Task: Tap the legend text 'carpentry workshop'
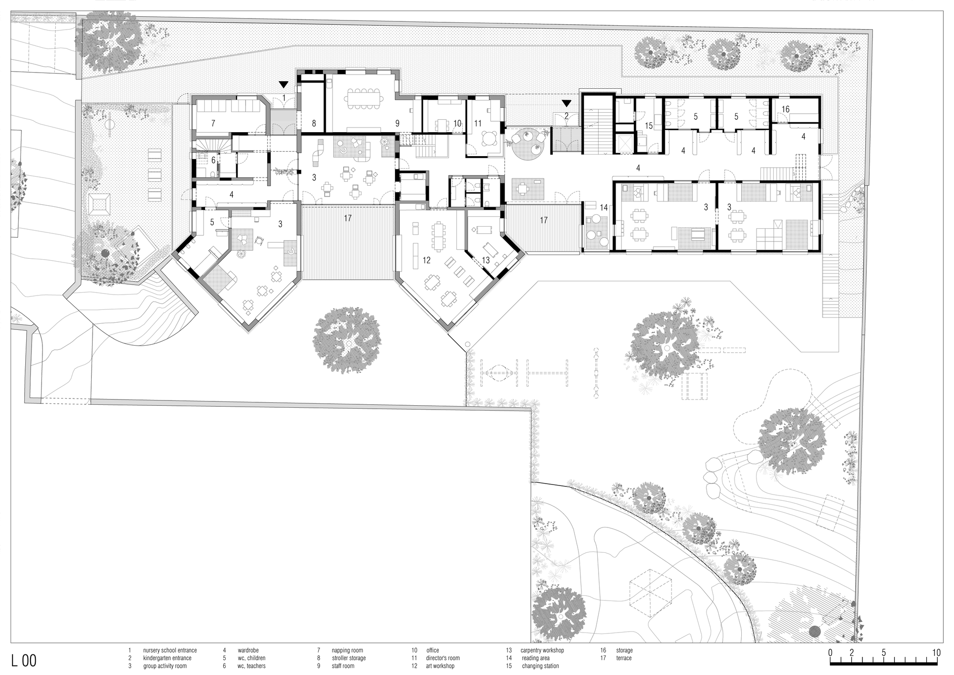(x=542, y=650)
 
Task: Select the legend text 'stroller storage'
(x=349, y=658)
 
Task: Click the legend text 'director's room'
(x=443, y=658)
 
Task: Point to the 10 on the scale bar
(x=936, y=653)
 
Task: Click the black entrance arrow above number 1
(x=284, y=85)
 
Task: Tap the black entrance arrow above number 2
(x=566, y=103)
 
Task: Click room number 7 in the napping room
(x=213, y=123)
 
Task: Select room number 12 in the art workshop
(x=426, y=260)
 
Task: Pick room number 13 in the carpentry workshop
(x=486, y=260)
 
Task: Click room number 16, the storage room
(x=785, y=109)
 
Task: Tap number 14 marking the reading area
(x=604, y=208)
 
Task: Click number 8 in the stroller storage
(x=313, y=123)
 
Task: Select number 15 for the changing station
(x=648, y=126)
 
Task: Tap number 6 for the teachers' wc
(x=213, y=160)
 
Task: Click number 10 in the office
(x=457, y=123)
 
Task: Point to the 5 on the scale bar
(x=883, y=653)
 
